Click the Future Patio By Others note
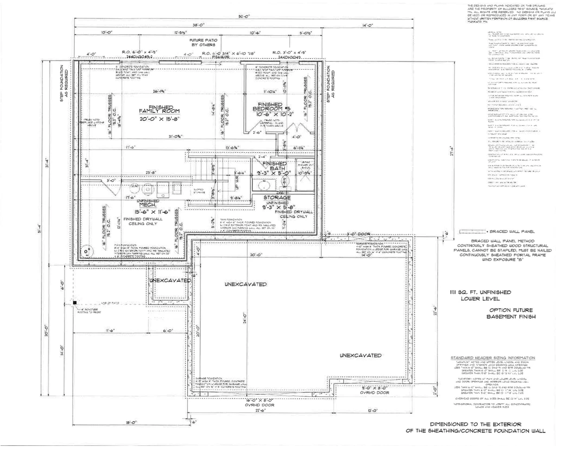[202, 43]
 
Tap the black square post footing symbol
[75, 303]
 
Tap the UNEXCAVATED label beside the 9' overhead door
[361, 355]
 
